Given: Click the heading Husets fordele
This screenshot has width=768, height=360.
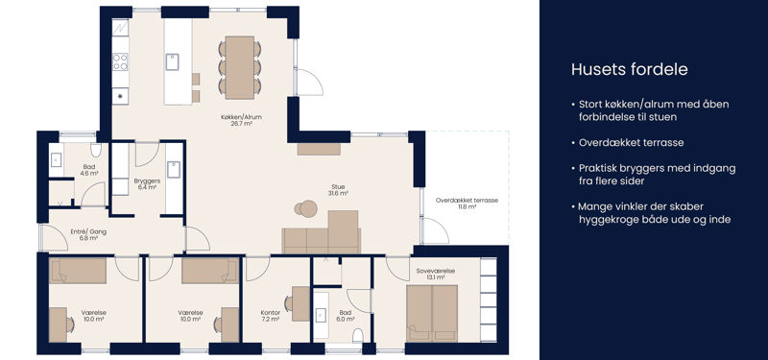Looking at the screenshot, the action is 630,69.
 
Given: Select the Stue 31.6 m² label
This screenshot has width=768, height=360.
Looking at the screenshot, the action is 338,190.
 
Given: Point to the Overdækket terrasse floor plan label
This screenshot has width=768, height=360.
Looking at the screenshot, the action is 467,204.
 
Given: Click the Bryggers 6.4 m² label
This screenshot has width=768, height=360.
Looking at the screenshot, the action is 145,184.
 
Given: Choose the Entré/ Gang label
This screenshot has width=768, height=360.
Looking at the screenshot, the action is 88,234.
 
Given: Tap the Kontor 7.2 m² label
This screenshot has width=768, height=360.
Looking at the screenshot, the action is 271,316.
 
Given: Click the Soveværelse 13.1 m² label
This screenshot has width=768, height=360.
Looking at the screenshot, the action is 430,274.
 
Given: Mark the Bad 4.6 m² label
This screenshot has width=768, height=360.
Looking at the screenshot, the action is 89,170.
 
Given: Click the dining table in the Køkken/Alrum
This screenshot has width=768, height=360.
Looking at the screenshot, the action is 239,67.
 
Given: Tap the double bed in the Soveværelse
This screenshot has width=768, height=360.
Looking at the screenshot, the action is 432,313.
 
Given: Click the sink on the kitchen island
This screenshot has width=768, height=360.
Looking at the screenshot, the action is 172,62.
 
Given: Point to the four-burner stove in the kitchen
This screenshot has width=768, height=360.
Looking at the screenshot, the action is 120,61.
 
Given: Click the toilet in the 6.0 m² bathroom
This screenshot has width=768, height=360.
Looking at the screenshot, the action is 358,335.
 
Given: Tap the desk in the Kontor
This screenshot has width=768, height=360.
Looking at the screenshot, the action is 300,303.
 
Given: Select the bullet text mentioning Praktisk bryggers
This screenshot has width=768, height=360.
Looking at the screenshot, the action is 654,175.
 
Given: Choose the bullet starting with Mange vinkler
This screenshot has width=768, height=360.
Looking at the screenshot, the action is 651,213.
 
